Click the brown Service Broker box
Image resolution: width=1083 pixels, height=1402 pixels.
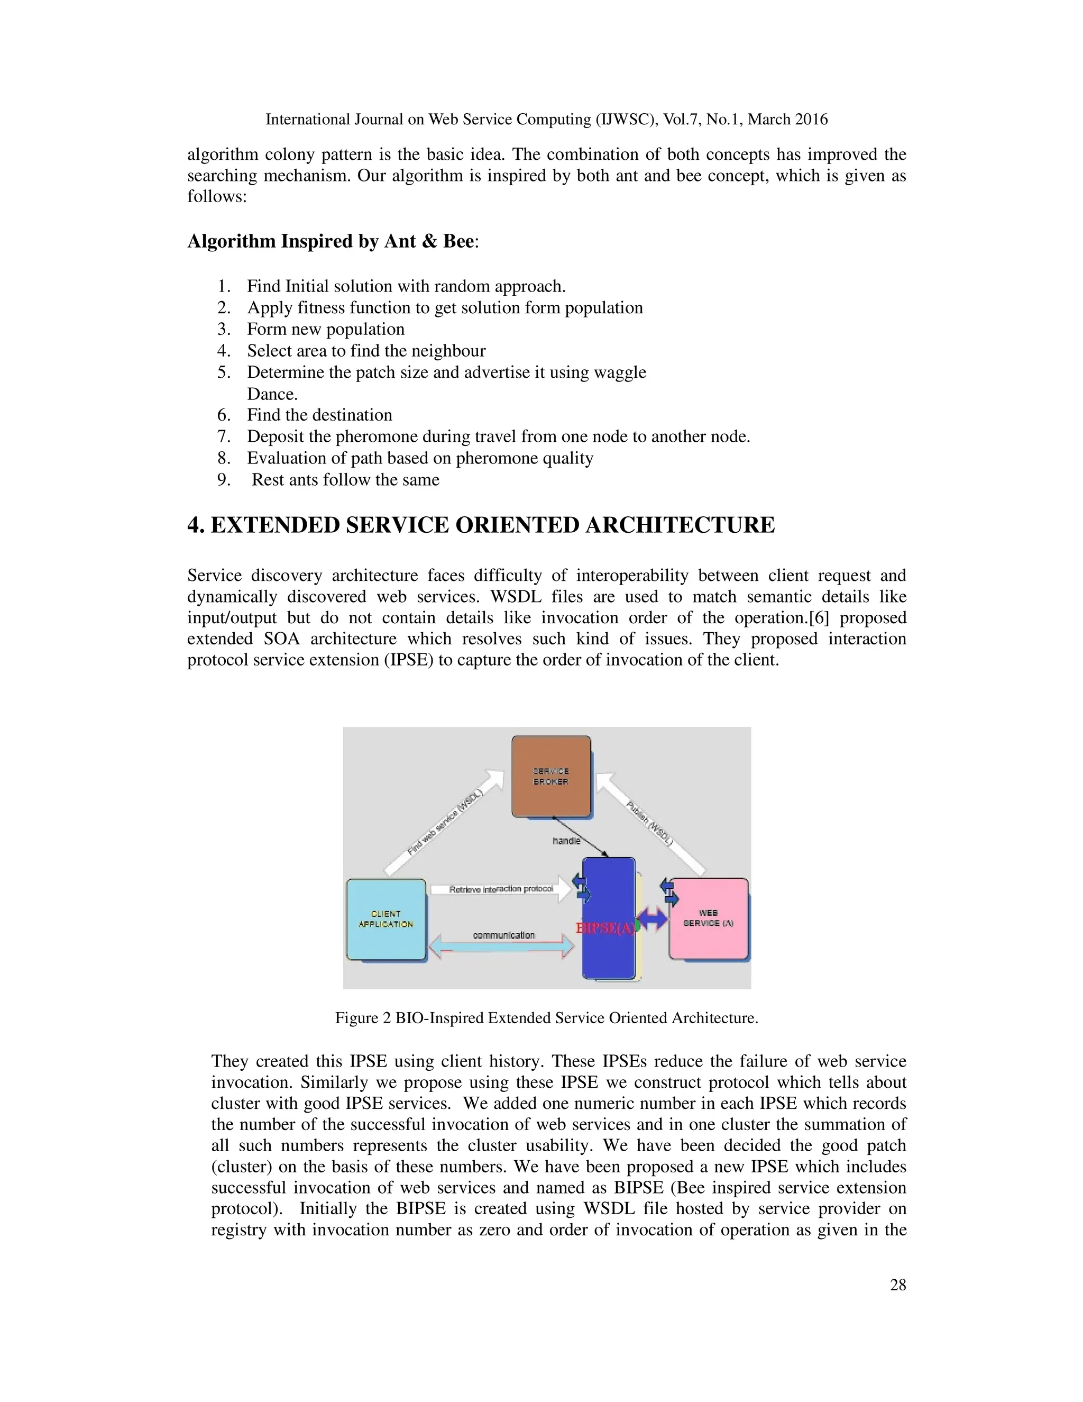[550, 776]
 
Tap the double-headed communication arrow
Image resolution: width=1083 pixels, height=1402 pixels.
[502, 945]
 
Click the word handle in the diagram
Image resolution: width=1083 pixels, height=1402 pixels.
[566, 840]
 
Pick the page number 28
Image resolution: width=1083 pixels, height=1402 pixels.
[897, 1285]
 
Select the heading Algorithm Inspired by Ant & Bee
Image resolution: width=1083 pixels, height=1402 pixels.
[331, 241]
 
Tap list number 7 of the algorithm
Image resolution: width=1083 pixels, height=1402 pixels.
[223, 437]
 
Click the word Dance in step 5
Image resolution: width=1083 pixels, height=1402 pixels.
[272, 394]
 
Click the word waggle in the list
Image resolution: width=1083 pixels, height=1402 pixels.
[619, 372]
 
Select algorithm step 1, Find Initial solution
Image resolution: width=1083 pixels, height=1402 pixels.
[406, 286]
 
